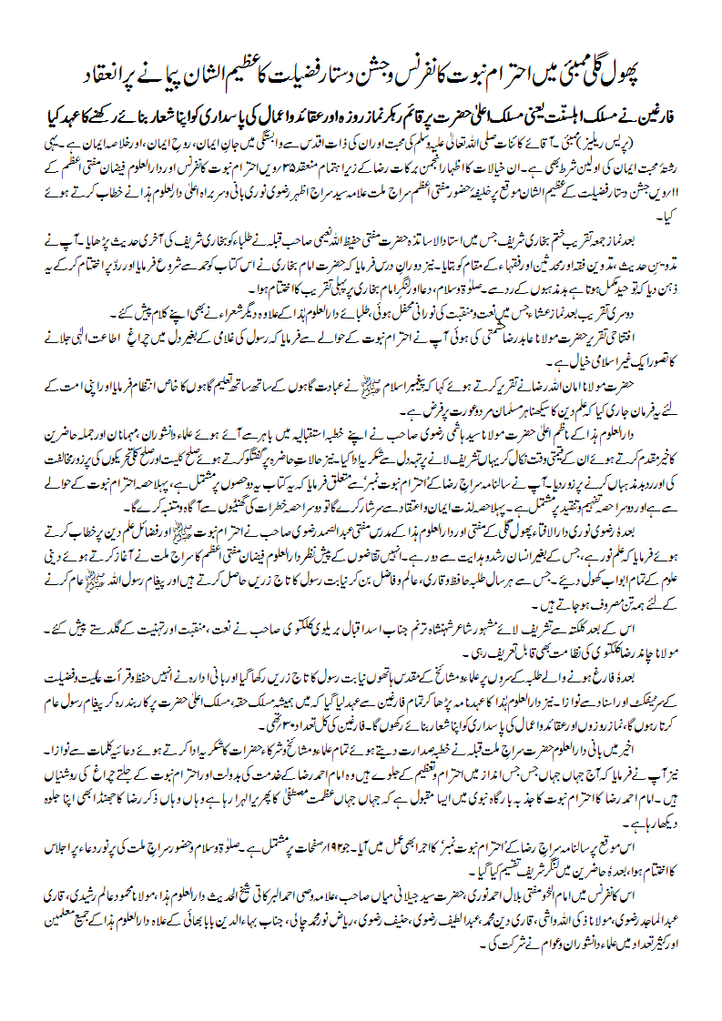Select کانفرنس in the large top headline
coord(400,69)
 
